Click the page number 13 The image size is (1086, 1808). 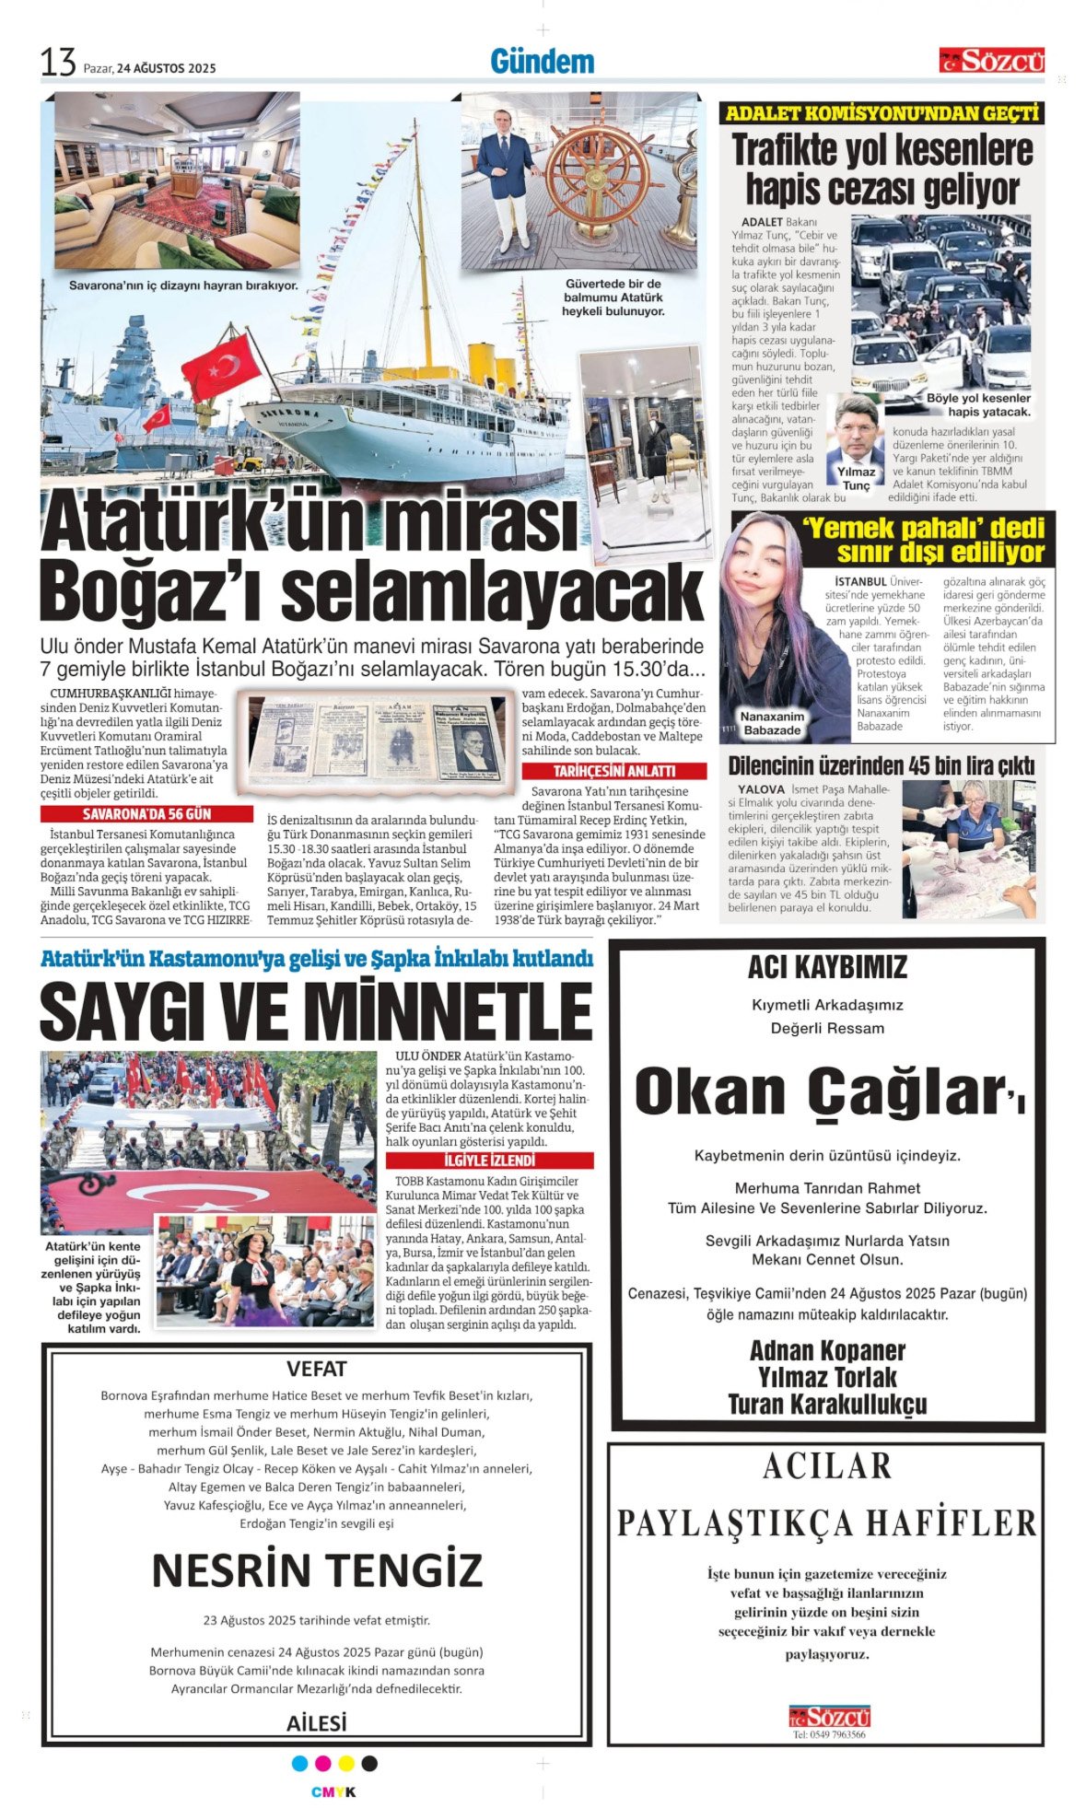pos(57,63)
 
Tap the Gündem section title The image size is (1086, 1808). pos(542,62)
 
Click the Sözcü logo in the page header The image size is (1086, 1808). pos(991,61)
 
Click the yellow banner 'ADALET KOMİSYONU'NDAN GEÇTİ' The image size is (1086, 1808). pos(882,113)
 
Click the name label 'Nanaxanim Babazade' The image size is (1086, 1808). pos(772,723)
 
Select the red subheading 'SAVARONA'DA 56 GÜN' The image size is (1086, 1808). pos(146,814)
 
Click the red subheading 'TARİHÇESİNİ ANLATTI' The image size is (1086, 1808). pos(613,771)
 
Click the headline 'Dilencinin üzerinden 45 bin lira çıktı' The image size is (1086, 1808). pos(881,765)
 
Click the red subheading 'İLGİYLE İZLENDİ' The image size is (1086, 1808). pos(489,1161)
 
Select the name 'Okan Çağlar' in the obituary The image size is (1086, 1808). pos(818,1091)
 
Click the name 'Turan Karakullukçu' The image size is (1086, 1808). pos(827,1405)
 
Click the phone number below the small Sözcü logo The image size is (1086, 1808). pos(829,1734)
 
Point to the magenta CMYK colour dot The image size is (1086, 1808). pos(322,1764)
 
